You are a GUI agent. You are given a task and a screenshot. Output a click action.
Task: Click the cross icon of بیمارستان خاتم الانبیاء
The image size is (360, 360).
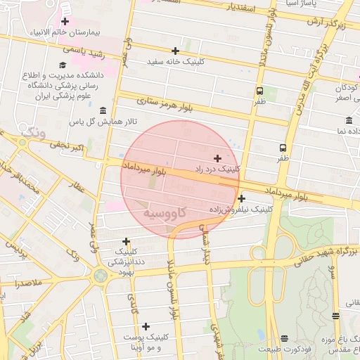point(65,22)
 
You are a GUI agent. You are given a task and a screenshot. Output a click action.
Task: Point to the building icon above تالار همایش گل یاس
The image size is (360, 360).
point(103,111)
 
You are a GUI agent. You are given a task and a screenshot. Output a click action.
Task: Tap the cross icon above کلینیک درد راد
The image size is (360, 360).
point(217,158)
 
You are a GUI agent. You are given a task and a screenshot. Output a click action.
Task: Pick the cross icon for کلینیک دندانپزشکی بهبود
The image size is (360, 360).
point(126,241)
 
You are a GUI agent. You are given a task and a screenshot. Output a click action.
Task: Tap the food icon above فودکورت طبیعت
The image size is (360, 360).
point(284,338)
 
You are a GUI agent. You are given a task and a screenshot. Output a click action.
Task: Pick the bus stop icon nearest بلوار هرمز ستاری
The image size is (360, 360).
point(259,91)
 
